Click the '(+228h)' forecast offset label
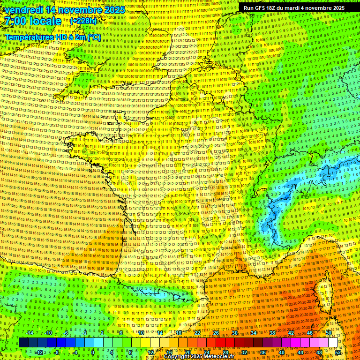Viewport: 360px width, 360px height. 83,21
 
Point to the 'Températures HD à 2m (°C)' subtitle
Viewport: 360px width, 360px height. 52,37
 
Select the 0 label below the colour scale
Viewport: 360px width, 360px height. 93,352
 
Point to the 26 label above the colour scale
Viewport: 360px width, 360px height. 216,333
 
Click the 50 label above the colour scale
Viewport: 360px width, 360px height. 328,333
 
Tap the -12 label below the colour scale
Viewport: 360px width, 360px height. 39,352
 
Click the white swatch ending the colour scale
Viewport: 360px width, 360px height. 333,343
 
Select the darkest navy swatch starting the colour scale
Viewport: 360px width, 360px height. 23,343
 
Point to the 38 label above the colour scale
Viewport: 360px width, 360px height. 272,333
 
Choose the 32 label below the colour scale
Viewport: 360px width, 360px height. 244,352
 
